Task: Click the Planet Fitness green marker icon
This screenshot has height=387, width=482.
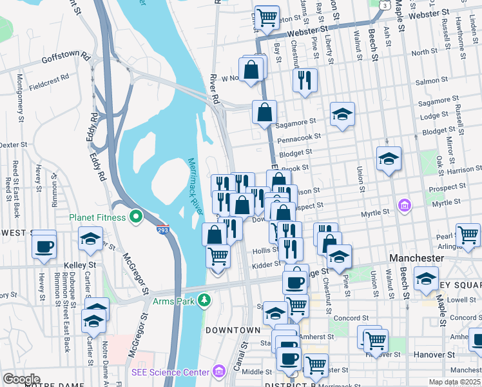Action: tap(135, 217)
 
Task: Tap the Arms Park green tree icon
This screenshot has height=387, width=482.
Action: tap(205, 300)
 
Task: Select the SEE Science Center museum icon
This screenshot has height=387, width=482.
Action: tap(219, 372)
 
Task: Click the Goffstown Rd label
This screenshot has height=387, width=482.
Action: tap(66, 57)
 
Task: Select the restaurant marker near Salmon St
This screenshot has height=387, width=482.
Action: tap(304, 80)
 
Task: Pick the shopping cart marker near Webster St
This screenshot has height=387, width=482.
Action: tap(266, 17)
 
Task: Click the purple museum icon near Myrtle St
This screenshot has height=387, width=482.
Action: tap(404, 206)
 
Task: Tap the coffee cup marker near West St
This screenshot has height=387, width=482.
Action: tap(44, 246)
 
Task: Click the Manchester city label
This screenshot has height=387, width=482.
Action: tap(417, 258)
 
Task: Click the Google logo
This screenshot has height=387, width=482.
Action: tap(21, 379)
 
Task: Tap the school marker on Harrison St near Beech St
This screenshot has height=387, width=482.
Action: tap(389, 158)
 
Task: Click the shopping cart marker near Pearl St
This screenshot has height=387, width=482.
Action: tap(468, 235)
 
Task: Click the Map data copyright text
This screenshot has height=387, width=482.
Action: tap(454, 382)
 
